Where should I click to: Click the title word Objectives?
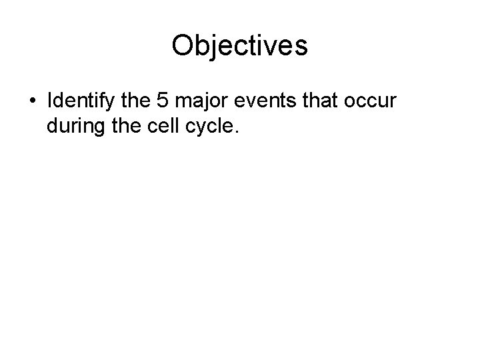(239, 46)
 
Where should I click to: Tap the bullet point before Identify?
(33, 103)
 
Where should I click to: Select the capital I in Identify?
(50, 102)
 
